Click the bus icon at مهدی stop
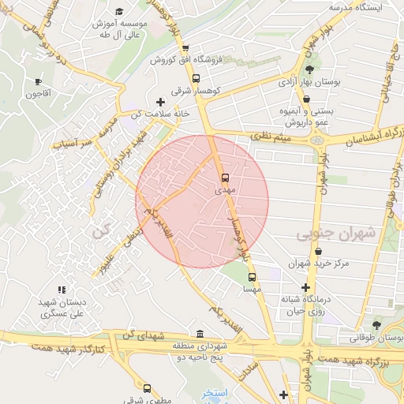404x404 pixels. (226, 178)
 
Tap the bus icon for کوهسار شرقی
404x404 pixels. (196, 78)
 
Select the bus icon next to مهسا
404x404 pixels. (252, 277)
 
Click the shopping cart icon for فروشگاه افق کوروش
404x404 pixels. (185, 47)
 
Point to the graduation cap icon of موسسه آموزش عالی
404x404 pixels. (119, 11)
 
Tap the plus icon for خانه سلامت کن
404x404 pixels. (161, 102)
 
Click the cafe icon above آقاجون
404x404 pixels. (38, 81)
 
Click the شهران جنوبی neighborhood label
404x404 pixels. (334, 235)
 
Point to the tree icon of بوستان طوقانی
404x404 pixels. (376, 324)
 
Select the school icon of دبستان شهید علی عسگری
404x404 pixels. (62, 290)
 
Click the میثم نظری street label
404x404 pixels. (271, 137)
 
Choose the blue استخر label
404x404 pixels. (214, 392)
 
